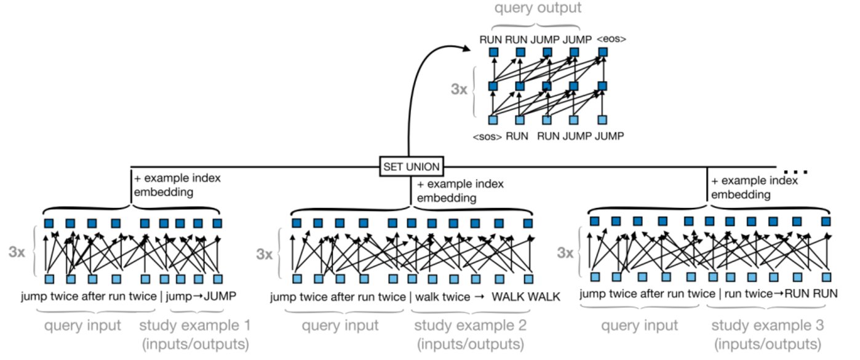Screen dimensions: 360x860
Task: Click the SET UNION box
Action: click(x=408, y=166)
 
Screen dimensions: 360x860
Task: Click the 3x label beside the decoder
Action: click(x=458, y=89)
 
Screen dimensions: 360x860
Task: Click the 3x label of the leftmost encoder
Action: click(x=17, y=252)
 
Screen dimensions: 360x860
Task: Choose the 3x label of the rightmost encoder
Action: click(x=565, y=252)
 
